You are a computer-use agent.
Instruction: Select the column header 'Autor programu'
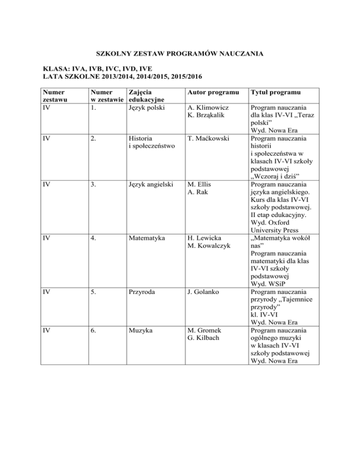point(211,92)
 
